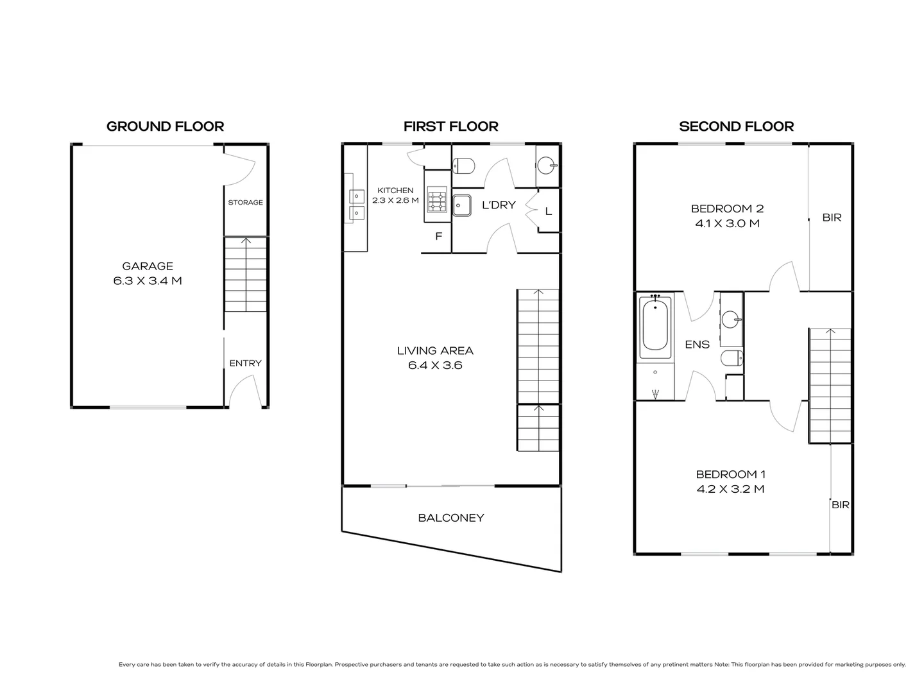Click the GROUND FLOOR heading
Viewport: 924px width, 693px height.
tap(165, 126)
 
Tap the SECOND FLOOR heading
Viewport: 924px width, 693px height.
tap(736, 126)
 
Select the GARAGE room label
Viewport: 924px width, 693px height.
tap(148, 266)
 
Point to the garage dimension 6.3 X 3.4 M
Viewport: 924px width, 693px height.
tap(148, 281)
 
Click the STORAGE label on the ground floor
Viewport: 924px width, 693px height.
tap(245, 203)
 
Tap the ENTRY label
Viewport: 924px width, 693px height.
tap(245, 363)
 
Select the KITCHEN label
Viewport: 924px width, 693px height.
tap(395, 191)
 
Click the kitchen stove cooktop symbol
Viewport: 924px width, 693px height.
tap(438, 201)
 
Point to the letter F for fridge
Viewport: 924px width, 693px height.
tap(439, 236)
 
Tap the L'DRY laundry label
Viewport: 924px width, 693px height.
tap(499, 205)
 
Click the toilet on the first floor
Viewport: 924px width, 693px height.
tap(463, 166)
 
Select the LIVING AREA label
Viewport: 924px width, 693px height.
tap(435, 351)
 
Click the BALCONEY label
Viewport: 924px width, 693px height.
tap(450, 518)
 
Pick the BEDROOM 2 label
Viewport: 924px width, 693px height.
tap(727, 209)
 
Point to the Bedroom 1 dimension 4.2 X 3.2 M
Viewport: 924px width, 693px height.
tap(730, 489)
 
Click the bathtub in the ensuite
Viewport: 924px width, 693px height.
tap(655, 326)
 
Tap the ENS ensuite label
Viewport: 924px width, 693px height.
tap(697, 345)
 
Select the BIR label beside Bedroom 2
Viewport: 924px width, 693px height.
tap(832, 218)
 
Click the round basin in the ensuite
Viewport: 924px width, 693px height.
tap(732, 319)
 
